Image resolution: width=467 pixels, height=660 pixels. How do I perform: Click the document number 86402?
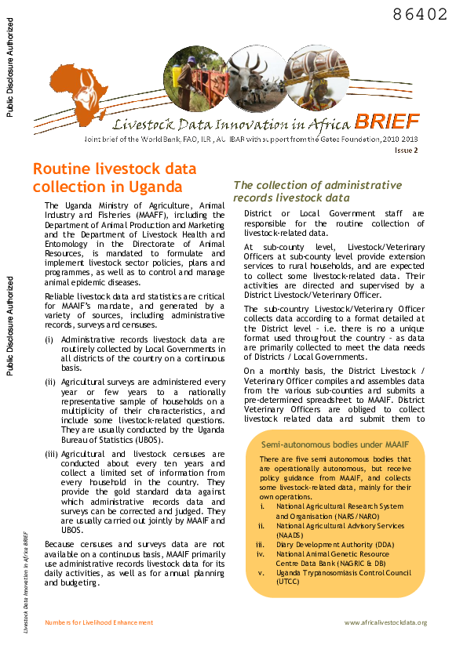420,15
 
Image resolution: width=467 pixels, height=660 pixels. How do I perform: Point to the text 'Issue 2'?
406,150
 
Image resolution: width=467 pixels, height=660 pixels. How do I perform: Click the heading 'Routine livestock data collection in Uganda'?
115,178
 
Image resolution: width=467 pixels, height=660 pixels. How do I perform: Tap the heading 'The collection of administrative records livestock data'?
317,191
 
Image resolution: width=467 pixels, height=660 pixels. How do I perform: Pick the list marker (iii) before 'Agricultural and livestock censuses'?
50,454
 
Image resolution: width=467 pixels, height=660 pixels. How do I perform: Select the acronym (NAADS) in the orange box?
290,535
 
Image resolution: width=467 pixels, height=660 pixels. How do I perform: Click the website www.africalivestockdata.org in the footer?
385,622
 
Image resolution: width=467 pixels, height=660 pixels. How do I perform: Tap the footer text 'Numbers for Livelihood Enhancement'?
99,622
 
